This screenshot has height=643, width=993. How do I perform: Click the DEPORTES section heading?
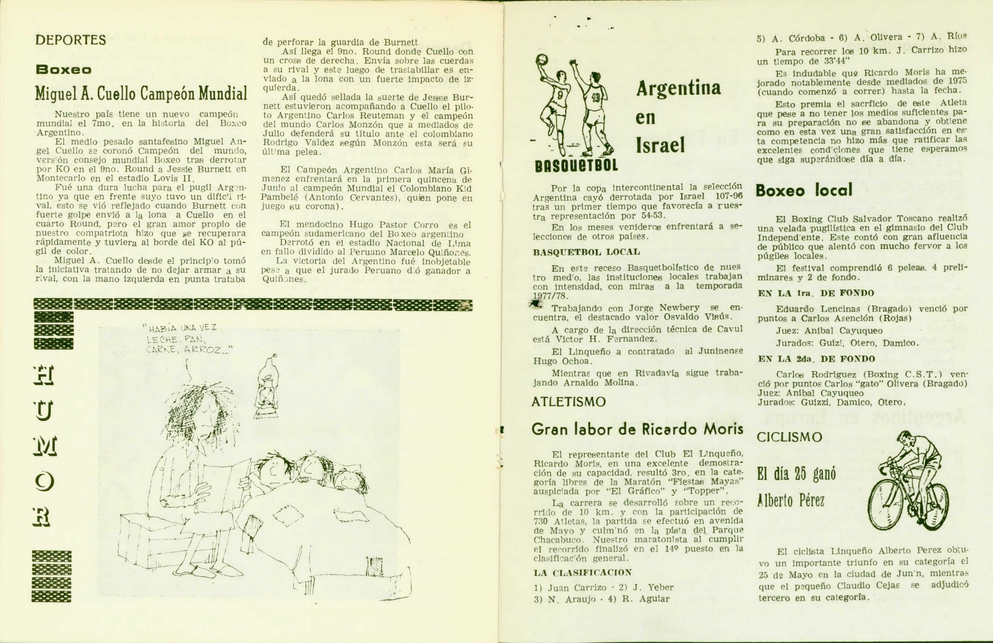[x=71, y=40]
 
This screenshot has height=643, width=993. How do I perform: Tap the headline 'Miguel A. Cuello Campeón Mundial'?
[x=141, y=93]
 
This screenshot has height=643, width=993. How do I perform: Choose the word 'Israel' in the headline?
[x=660, y=145]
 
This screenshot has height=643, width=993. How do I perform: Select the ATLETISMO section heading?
[x=568, y=402]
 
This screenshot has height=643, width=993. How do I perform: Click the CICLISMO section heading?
[x=789, y=437]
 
